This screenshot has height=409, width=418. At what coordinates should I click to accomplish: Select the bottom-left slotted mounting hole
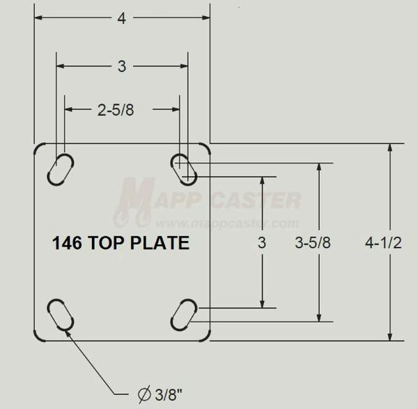61,316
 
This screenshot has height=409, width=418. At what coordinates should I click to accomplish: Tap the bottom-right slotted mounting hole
185,316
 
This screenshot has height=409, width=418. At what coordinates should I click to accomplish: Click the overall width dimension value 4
122,20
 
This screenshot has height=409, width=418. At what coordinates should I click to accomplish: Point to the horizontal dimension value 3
122,67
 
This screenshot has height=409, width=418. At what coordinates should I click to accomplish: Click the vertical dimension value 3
262,243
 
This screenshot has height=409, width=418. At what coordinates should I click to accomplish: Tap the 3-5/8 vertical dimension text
313,243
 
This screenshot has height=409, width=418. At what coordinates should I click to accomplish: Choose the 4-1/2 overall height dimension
384,243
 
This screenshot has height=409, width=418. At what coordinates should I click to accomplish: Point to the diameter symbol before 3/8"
144,395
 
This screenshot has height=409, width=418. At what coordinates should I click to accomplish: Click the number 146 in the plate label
67,243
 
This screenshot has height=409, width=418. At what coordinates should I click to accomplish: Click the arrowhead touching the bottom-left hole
68,330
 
